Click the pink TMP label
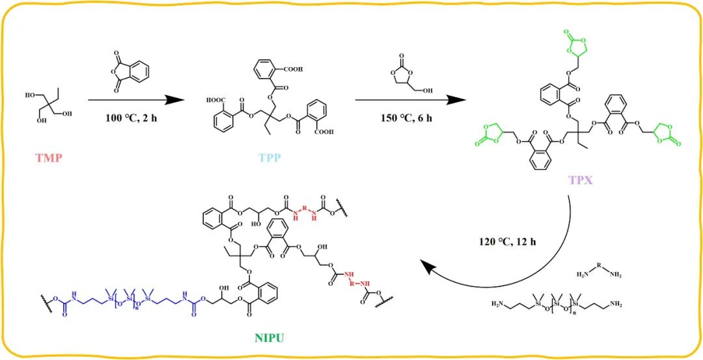pos(49,158)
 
